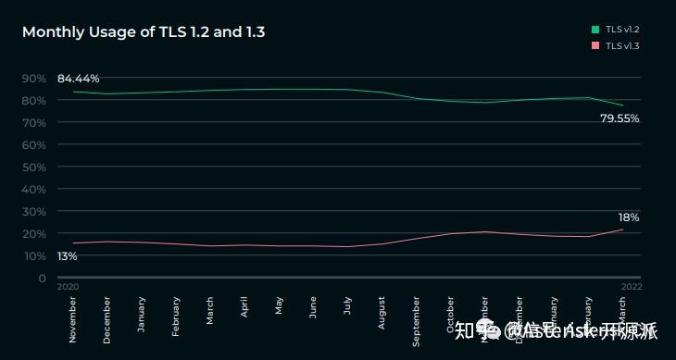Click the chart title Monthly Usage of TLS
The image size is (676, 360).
[x=144, y=32]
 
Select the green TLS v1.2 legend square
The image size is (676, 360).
[x=596, y=30]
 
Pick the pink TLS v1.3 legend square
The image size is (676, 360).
[x=596, y=45]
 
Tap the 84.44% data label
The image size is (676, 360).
[x=78, y=79]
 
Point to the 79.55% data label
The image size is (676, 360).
[x=620, y=118]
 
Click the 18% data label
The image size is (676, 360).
[x=629, y=217]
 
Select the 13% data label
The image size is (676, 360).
[x=67, y=255]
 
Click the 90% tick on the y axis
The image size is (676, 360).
[x=33, y=79]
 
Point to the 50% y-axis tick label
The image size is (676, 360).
[x=33, y=167]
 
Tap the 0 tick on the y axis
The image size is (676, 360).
[x=42, y=278]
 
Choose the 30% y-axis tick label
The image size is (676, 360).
[x=33, y=211]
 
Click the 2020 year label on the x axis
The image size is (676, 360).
[x=68, y=287]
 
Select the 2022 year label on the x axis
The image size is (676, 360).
[x=632, y=287]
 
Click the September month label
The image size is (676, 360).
[x=416, y=319]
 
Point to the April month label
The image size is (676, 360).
[x=244, y=306]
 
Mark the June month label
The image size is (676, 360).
[x=313, y=306]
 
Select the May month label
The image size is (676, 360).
[x=279, y=305]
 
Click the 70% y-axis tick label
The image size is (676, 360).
[x=33, y=122]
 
